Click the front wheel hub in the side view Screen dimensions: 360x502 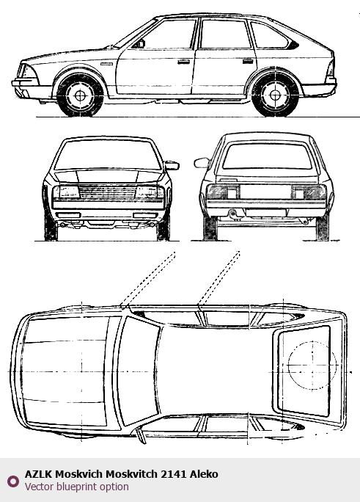80,95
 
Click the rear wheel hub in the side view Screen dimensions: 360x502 275,95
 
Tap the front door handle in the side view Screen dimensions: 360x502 183,62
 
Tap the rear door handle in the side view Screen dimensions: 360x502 248,61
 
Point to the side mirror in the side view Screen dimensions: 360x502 139,44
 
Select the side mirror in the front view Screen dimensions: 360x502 172,165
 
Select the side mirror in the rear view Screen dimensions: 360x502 202,163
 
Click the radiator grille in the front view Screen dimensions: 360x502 108,192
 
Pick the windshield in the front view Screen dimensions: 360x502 108,155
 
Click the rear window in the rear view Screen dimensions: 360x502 267,156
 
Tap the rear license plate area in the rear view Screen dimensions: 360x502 265,192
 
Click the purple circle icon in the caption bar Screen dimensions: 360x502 13,481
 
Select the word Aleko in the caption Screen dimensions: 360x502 204,474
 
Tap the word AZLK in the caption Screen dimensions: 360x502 38,474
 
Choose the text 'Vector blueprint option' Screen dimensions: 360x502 77,487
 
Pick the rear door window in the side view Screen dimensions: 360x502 225,34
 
